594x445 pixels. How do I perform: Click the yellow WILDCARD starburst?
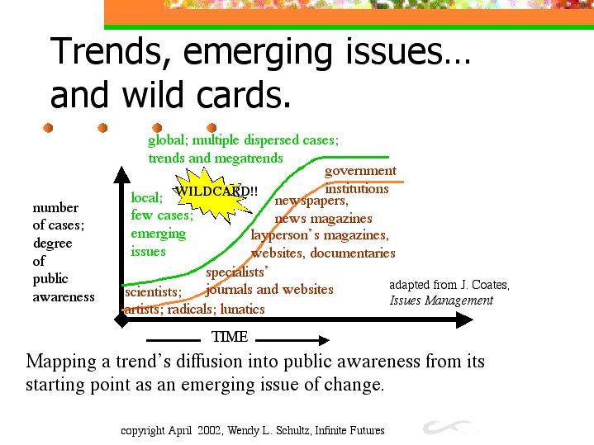pos(212,195)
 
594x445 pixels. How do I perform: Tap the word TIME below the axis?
pos(230,337)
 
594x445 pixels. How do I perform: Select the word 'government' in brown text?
pos(360,171)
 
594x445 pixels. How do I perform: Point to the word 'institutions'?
pos(357,188)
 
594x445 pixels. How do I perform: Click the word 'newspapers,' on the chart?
pos(311,201)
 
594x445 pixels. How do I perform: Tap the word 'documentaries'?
pos(353,253)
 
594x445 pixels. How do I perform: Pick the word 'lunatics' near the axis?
pos(242,310)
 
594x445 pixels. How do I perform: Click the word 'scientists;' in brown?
pos(154,292)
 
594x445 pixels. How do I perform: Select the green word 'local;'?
pos(147,197)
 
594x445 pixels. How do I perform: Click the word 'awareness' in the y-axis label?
pos(64,297)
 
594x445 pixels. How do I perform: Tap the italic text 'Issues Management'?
pos(441,301)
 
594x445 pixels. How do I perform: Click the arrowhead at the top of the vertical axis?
pos(122,174)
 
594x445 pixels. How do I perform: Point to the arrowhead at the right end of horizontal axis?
pos(464,320)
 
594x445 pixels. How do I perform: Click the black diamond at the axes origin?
pos(122,320)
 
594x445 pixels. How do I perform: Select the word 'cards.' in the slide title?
pos(244,95)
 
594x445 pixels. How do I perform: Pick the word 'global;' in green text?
pos(168,140)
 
